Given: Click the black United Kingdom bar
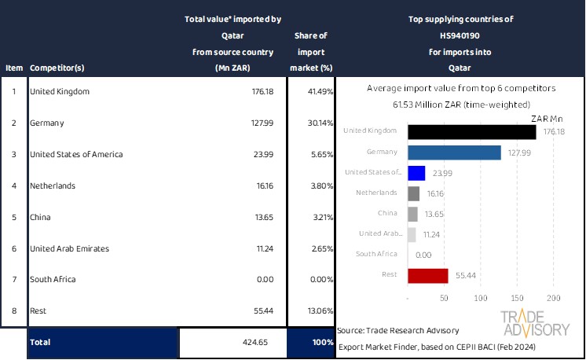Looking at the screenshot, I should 472,132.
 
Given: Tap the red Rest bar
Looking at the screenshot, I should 428,275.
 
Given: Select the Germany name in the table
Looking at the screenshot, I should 46,123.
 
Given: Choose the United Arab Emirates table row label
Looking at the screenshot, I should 69,248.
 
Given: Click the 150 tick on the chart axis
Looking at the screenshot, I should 517,299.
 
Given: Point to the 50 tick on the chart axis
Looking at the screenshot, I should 445,299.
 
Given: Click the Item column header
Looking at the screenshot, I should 13,68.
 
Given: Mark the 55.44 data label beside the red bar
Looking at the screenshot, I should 463,275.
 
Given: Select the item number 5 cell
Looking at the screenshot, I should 13,217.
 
